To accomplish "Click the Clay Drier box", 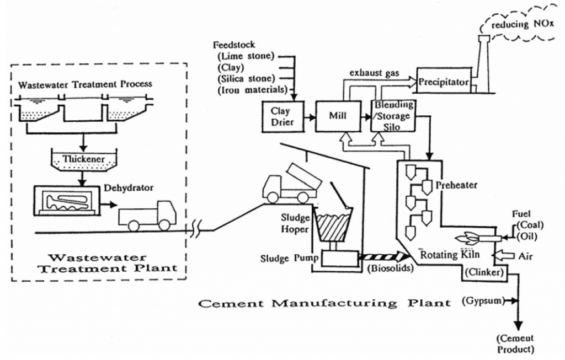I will click(283, 116).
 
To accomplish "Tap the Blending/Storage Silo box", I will click(392, 116).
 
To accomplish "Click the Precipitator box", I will click(444, 82).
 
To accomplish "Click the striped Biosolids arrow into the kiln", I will click(383, 256).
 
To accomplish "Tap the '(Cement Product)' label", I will click(515, 344).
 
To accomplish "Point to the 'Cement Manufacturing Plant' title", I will click(324, 303).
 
